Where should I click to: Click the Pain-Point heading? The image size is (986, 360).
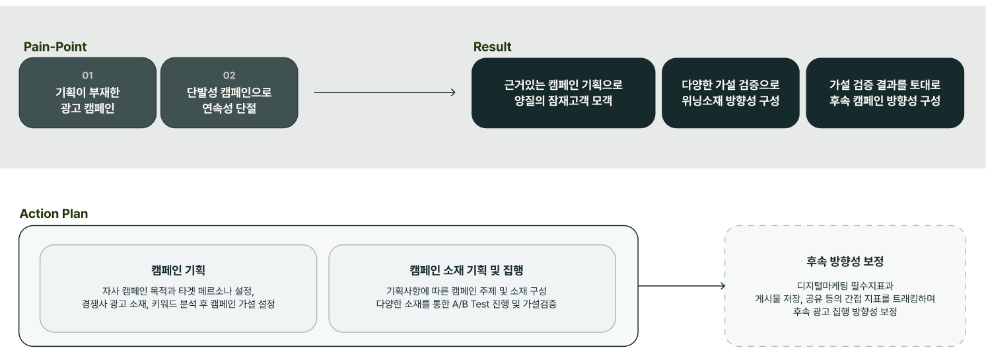point(55,47)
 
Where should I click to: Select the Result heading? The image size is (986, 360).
point(492,47)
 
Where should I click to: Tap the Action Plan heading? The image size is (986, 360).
point(53,213)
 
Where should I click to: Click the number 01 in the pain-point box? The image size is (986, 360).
point(88,75)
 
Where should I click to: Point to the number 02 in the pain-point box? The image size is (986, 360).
point(229,75)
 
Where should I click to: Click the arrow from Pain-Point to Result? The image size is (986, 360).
point(385,92)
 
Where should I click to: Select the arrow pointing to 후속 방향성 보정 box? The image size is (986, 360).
point(682,286)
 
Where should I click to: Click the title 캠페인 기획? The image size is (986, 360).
point(178,270)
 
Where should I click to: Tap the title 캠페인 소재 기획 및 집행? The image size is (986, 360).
point(467,270)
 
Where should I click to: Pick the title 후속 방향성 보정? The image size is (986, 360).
point(845,261)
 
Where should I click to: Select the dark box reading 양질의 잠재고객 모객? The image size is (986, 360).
point(563,93)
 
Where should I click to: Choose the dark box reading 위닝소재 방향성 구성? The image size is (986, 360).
point(730,93)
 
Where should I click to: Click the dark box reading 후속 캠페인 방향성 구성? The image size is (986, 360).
point(885,93)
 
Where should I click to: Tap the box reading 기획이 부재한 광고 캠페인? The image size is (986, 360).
point(88,92)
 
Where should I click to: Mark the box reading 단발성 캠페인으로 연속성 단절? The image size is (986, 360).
point(229,92)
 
